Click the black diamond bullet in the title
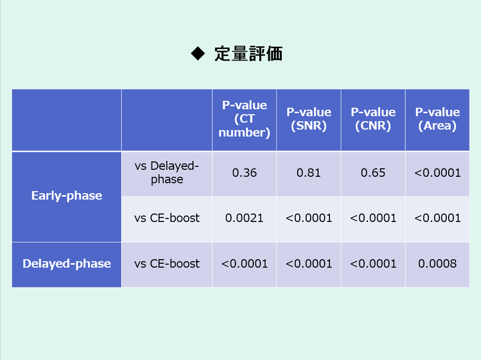click(198, 53)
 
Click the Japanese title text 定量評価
click(248, 54)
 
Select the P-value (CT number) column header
click(244, 119)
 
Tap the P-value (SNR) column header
click(309, 119)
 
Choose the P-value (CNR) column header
click(373, 119)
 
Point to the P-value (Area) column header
click(437, 119)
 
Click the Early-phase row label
click(67, 196)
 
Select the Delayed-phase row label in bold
click(67, 264)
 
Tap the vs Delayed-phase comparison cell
click(167, 172)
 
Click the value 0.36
click(244, 173)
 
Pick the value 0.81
click(309, 173)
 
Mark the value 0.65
click(373, 173)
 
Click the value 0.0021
click(244, 218)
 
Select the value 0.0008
click(437, 264)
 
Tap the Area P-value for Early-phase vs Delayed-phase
click(437, 173)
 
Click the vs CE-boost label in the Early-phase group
click(167, 218)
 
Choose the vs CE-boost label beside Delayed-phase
click(167, 264)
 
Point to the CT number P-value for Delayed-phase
click(244, 264)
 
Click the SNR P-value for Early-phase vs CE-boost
click(309, 218)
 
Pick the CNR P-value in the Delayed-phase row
click(373, 264)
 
